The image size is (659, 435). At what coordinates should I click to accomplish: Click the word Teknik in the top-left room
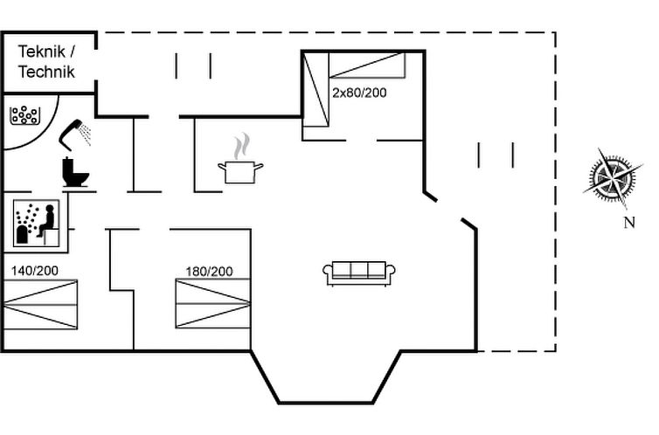click(39, 52)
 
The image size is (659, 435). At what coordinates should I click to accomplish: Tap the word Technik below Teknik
click(46, 72)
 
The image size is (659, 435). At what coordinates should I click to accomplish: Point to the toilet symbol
click(76, 171)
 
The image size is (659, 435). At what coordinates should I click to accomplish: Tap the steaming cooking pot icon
click(240, 170)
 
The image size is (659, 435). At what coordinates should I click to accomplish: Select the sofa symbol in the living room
click(359, 273)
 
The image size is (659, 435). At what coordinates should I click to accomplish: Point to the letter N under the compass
click(628, 223)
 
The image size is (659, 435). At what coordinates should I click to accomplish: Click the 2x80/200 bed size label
click(358, 91)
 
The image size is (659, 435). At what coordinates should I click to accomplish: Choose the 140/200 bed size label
click(35, 271)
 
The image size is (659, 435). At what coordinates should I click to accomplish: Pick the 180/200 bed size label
click(209, 272)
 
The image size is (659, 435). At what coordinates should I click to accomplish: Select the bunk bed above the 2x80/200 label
click(365, 66)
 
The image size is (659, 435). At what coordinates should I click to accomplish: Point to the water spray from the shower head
click(86, 131)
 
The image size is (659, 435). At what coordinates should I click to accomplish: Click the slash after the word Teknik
click(73, 52)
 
